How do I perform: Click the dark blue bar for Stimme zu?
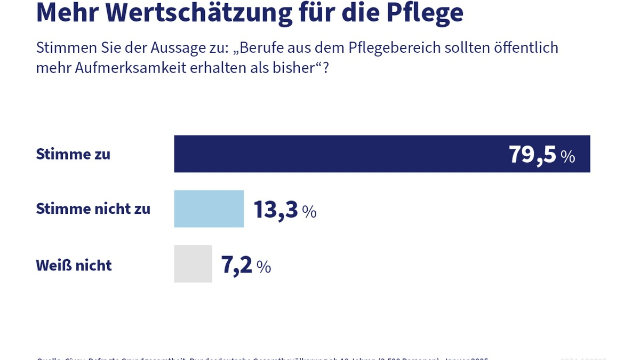(341, 154)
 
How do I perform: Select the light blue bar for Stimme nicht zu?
(209, 209)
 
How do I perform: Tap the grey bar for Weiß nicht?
(193, 264)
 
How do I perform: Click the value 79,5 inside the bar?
(532, 155)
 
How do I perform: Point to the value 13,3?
(276, 210)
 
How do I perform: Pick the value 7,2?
(236, 265)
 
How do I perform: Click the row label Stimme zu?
(73, 154)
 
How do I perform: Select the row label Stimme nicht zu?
(93, 209)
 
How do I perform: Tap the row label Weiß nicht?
(74, 265)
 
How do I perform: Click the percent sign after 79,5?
(567, 157)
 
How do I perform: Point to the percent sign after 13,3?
(309, 212)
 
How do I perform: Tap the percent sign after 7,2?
(263, 267)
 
